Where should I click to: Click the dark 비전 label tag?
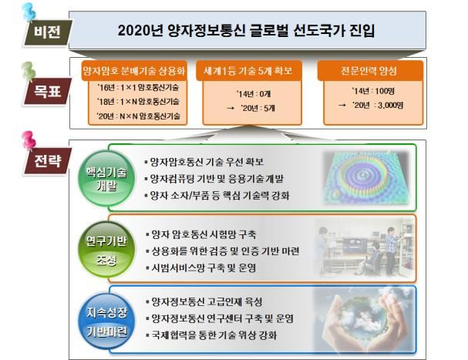coord(43,33)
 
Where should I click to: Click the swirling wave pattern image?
coord(366,177)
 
